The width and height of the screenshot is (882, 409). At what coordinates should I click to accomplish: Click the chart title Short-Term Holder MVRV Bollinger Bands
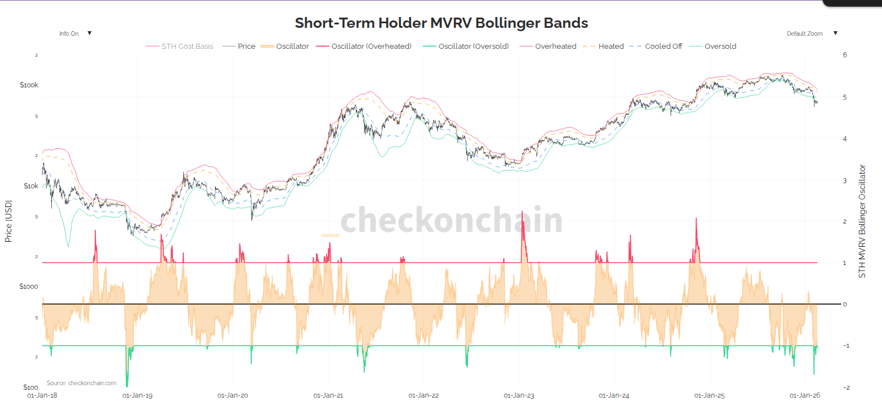pos(441,23)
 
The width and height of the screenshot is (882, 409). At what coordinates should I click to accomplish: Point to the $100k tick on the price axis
pos(29,85)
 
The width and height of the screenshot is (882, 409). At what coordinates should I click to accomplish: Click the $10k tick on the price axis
pos(30,186)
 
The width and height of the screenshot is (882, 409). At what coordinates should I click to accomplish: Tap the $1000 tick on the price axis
pos(28,286)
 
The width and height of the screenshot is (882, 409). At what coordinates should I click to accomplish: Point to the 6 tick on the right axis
pos(845,55)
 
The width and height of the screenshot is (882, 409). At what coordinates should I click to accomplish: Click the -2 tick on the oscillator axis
pos(845,387)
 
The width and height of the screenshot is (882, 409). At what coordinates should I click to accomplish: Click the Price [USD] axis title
pos(9,221)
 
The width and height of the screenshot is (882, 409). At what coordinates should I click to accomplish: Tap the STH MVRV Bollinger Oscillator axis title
pos(863,221)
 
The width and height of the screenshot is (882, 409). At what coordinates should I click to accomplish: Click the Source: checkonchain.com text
pos(81,383)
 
